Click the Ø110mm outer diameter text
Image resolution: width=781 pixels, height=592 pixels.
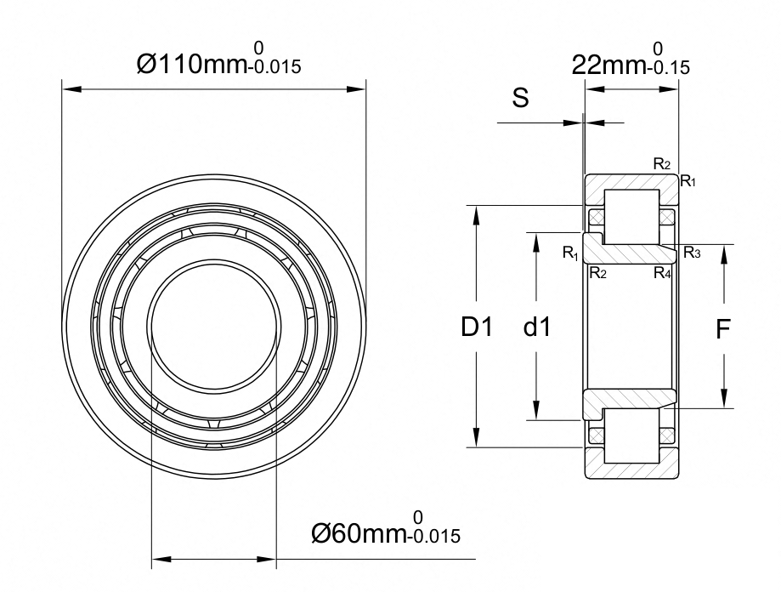click(x=192, y=65)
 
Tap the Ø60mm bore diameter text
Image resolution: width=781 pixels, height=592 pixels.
click(x=359, y=533)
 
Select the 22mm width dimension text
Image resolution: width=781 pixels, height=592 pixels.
click(x=608, y=65)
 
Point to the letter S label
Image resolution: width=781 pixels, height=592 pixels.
click(x=520, y=98)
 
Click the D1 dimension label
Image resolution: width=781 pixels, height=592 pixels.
click(x=477, y=327)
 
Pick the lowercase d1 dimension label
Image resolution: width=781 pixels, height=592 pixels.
click(x=537, y=327)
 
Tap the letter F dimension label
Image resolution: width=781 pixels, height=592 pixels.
click(x=722, y=329)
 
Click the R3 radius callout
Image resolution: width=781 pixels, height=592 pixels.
click(x=692, y=253)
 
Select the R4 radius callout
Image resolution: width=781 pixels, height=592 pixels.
click(x=662, y=273)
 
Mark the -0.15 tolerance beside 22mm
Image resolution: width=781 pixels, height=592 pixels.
click(x=668, y=67)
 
